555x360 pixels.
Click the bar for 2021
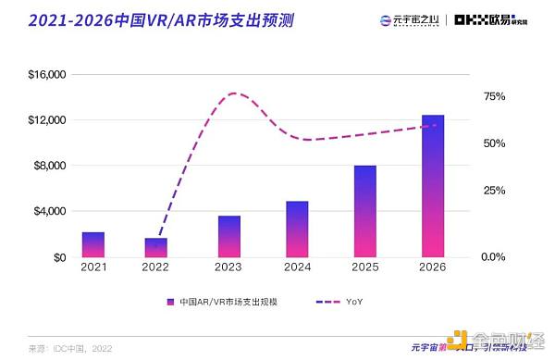tap(93, 244)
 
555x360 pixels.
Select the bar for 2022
tap(156, 247)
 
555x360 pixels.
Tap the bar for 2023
tap(229, 236)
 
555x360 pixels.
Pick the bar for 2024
tap(297, 229)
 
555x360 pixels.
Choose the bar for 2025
tap(364, 211)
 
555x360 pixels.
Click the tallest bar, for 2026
tap(433, 186)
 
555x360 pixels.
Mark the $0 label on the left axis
tap(60, 256)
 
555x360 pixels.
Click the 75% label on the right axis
tap(494, 96)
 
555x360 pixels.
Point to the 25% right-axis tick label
tap(494, 190)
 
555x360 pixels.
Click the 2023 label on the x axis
tap(228, 267)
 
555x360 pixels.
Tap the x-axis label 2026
tap(432, 267)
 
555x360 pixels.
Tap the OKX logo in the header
tap(481, 19)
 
